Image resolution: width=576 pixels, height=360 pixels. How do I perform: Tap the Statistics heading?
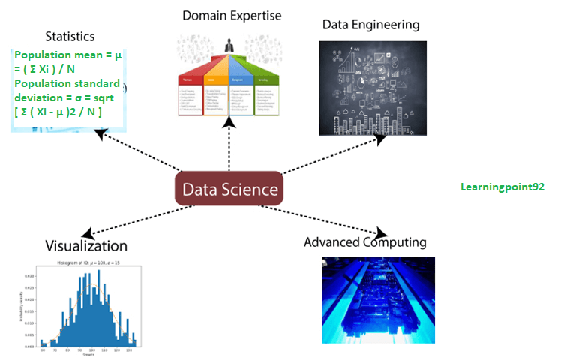69,36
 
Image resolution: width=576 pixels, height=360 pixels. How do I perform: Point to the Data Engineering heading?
370,24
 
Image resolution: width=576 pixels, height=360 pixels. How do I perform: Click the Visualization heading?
86,246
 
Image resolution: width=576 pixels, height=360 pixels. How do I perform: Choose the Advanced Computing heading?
365,242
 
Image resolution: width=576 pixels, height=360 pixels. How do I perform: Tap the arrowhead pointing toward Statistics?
99,133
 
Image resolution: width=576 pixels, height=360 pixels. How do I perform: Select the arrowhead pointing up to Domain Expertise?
229,121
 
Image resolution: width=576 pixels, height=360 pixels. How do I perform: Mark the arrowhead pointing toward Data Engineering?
381,139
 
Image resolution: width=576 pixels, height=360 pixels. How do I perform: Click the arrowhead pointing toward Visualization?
87,233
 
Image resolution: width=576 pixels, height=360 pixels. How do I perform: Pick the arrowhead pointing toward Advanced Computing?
382,232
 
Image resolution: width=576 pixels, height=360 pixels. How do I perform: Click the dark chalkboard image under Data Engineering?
367,88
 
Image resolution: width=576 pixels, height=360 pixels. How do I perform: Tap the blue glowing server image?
378,300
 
